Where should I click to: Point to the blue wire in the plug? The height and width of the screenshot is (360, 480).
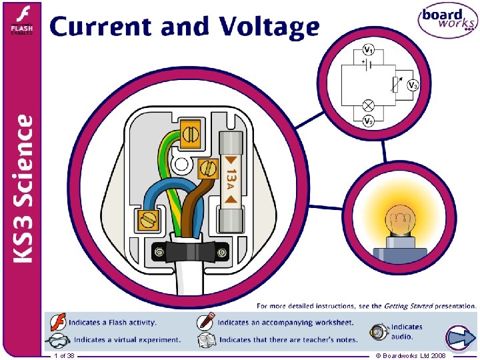coord(150,193)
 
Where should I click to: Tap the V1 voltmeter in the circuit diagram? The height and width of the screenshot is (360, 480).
coord(369,50)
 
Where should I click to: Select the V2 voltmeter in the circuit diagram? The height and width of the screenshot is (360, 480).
coord(369,121)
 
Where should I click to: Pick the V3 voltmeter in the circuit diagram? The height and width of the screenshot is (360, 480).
coord(413,86)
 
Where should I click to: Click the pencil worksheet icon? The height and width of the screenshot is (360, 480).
coord(206,322)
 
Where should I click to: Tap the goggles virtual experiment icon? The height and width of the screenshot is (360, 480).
coord(58,339)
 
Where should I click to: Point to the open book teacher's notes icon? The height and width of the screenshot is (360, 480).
coord(206,339)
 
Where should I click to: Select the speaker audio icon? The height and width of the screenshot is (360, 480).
coord(379,331)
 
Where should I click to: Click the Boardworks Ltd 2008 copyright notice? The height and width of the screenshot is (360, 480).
coord(411,356)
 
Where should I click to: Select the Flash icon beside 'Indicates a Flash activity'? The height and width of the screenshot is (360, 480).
coord(58,322)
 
